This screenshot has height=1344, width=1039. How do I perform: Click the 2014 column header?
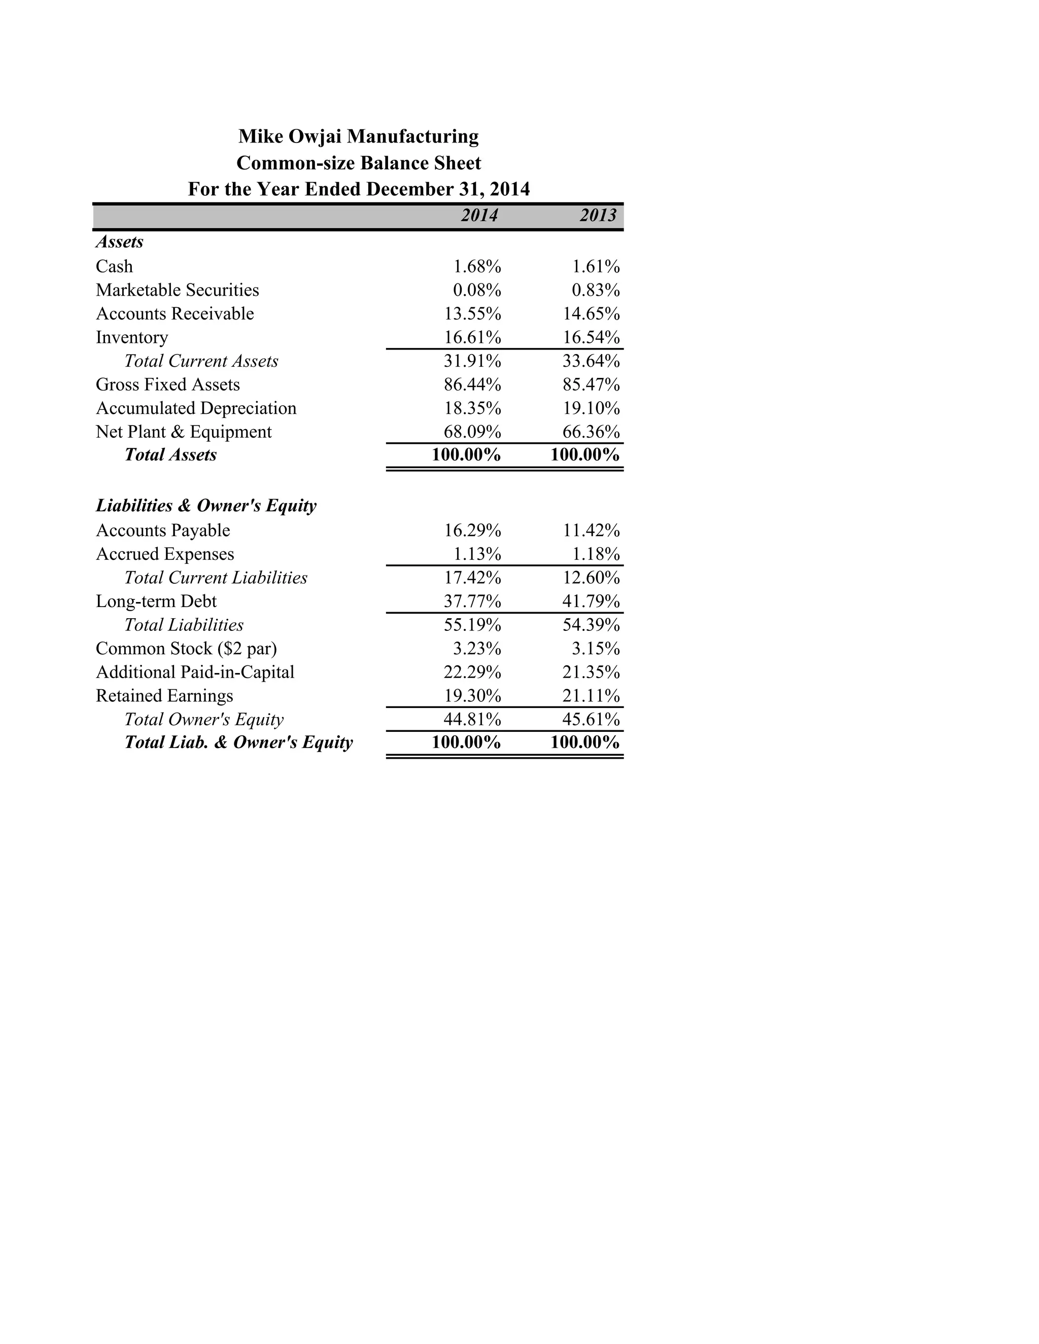[x=479, y=216]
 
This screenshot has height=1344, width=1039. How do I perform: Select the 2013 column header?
[x=598, y=216]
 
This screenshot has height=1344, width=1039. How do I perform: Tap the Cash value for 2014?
[x=477, y=266]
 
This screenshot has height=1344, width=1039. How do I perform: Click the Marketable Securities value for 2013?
[x=595, y=290]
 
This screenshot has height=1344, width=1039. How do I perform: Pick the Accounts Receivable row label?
[x=175, y=314]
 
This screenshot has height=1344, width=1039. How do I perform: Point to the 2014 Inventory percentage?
[x=473, y=337]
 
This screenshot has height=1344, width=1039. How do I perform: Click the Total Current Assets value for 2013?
[x=591, y=361]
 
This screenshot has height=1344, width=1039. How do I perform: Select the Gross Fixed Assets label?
[x=167, y=384]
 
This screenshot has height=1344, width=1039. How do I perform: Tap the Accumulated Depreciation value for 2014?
[x=473, y=408]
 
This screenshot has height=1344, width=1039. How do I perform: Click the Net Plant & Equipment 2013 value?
[x=591, y=432]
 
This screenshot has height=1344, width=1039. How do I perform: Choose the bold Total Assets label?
[x=170, y=455]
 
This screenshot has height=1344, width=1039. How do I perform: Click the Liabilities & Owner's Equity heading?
[x=206, y=506]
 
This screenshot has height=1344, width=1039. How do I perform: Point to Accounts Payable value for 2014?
[x=473, y=530]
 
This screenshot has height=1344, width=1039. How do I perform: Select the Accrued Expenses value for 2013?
[x=595, y=554]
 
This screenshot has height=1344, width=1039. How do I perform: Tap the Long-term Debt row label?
[x=156, y=601]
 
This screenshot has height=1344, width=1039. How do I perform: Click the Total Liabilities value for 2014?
[x=473, y=625]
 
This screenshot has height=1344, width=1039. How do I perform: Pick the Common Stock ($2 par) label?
[x=187, y=649]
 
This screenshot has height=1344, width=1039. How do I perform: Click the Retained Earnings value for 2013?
[x=591, y=696]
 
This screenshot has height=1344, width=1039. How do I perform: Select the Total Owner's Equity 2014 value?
[x=473, y=719]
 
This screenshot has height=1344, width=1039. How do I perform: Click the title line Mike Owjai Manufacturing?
[x=358, y=136]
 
